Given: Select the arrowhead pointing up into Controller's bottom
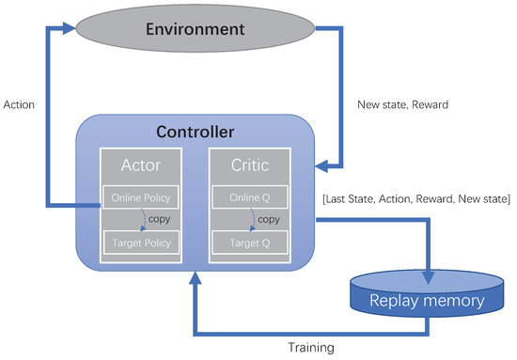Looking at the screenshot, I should point(195,278).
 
